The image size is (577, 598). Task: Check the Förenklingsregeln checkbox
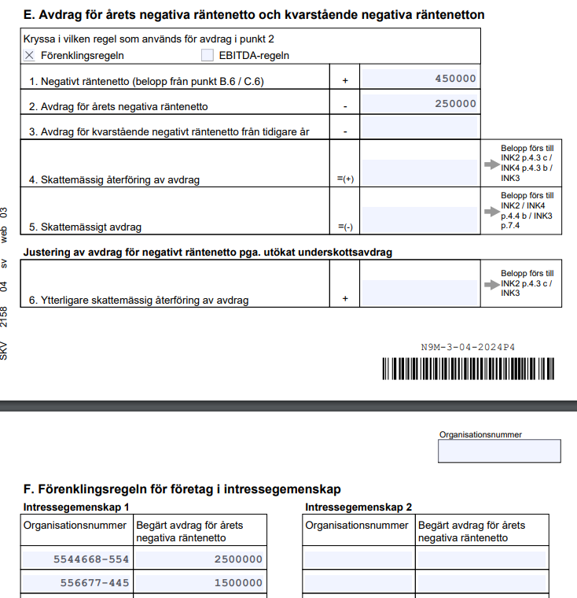click(30, 55)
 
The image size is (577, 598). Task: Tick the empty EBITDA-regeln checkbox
click(208, 55)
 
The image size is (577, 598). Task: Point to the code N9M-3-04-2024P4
click(469, 347)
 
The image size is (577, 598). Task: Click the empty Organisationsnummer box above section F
click(499, 451)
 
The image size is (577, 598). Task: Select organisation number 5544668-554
click(90, 559)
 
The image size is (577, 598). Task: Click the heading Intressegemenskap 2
click(358, 508)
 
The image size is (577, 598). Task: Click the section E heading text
click(254, 14)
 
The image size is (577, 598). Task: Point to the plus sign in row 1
click(344, 80)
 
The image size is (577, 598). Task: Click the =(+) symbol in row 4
click(345, 179)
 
